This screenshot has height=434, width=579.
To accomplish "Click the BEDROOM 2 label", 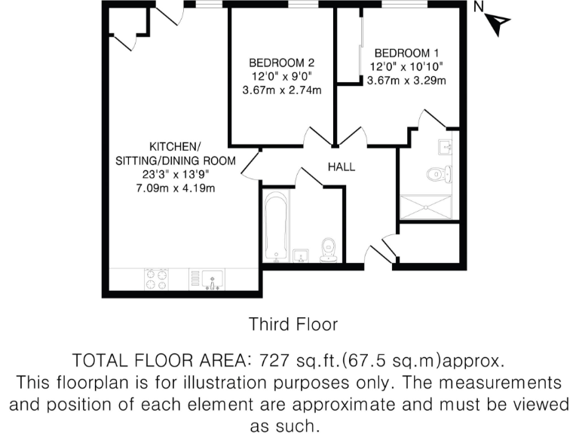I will (x=281, y=63).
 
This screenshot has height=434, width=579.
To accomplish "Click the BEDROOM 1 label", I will (x=406, y=53).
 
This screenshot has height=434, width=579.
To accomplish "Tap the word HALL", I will (x=341, y=167).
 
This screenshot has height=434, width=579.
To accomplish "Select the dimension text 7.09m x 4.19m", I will (x=175, y=188).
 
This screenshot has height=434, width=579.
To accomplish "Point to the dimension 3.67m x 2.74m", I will (x=281, y=90).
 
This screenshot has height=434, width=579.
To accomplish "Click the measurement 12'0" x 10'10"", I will (x=406, y=67).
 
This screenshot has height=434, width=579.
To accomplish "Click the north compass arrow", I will (x=494, y=26).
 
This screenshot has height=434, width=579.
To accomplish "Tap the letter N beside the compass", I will (x=479, y=8).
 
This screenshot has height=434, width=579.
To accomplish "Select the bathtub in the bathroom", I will (x=276, y=225).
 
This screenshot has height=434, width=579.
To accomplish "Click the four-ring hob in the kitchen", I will (x=156, y=280).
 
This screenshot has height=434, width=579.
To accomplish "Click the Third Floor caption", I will (x=293, y=324).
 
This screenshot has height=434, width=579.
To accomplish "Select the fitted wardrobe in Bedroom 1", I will (x=349, y=50).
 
